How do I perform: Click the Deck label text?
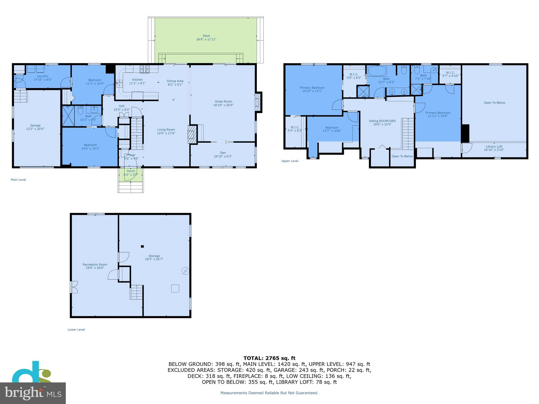click(206, 36)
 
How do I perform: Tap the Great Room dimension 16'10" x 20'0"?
click(223, 105)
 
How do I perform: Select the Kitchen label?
click(137, 80)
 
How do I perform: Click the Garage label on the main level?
click(35, 125)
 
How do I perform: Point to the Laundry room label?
click(43, 76)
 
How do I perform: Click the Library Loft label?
click(494, 147)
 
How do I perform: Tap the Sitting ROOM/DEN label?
click(382, 121)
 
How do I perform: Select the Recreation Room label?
click(95, 265)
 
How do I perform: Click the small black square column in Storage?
click(142, 246)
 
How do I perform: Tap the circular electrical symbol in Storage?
click(186, 271)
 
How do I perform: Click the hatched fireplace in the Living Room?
click(192, 134)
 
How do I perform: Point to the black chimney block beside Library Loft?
click(465, 133)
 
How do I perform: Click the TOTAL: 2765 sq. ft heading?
click(269, 358)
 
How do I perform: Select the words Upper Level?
click(290, 161)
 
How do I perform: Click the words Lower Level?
click(76, 330)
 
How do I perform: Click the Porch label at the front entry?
click(131, 171)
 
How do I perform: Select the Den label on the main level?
click(223, 153)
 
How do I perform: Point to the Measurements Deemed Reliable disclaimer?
click(269, 393)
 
